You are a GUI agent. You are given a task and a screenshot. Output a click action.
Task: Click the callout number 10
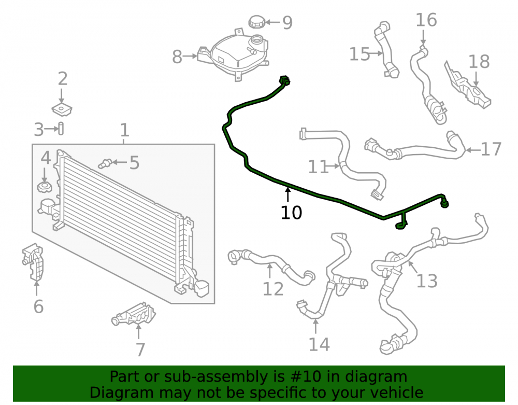click(x=291, y=213)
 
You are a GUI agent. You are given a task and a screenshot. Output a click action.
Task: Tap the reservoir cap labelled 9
click(x=257, y=22)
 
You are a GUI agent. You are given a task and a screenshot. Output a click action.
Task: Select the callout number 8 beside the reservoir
click(x=177, y=57)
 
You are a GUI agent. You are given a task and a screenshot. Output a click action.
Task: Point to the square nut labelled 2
click(x=62, y=109)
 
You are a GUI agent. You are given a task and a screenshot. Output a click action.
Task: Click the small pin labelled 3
click(x=61, y=129)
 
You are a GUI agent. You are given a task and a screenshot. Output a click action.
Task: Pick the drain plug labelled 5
click(x=105, y=163)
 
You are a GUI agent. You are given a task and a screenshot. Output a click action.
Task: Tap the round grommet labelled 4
click(x=45, y=187)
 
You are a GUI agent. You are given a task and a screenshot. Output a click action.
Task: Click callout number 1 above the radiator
click(x=124, y=130)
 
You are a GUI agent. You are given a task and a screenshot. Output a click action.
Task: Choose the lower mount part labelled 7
click(x=134, y=313)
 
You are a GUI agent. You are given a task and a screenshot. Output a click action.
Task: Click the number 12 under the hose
click(x=273, y=289)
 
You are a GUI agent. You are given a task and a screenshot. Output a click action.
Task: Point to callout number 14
click(x=319, y=344)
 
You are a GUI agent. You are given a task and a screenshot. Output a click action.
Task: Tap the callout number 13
click(x=427, y=281)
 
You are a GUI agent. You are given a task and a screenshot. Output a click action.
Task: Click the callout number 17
click(x=491, y=149)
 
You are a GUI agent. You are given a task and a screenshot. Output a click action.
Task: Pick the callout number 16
click(x=426, y=20)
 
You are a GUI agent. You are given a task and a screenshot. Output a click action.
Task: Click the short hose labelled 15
click(x=386, y=50)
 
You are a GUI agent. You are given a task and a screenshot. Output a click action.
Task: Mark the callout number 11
click(x=319, y=167)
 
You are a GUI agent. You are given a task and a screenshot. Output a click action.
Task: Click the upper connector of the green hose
click(x=284, y=80)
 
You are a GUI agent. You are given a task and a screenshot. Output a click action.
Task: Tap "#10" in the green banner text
click(x=305, y=376)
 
